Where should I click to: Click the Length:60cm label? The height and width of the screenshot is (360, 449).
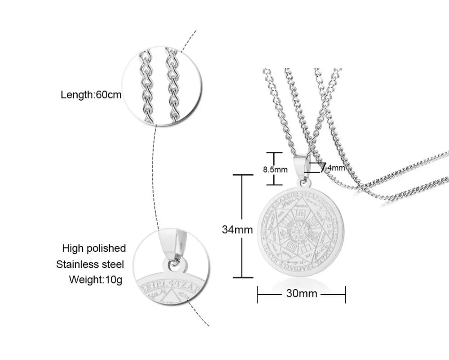point(91,95)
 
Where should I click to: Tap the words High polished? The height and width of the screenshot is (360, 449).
point(94,248)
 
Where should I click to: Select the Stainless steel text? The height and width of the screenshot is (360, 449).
point(90,264)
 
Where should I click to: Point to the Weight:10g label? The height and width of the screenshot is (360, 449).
point(95,280)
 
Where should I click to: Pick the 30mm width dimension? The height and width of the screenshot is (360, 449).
point(301,294)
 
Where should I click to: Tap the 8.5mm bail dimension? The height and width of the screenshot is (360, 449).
point(275,170)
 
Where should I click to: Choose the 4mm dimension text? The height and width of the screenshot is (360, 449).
point(335,169)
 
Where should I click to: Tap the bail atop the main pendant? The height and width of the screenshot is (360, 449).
point(301,166)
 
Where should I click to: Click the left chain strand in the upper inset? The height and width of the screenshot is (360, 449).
point(146,88)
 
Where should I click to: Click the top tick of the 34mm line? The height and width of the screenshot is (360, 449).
point(242,174)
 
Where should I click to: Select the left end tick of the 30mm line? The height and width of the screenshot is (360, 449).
point(257,294)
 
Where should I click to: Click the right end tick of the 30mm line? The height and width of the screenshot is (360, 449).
point(345,294)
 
